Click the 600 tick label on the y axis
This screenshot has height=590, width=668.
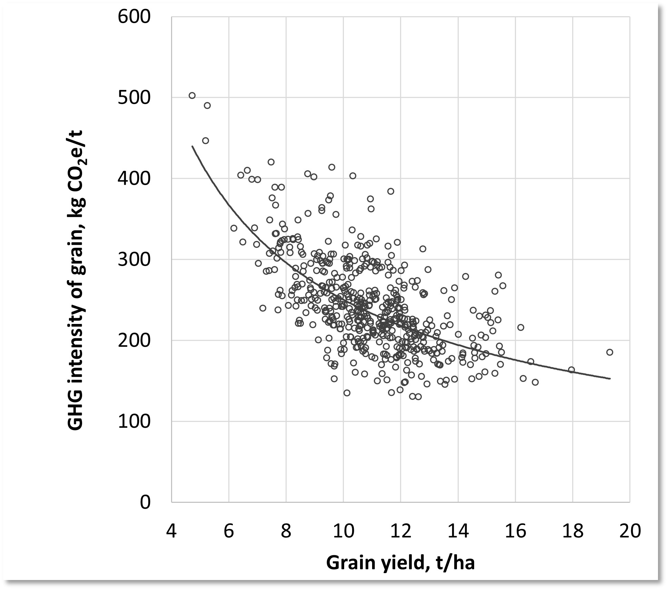pyautogui.click(x=134, y=17)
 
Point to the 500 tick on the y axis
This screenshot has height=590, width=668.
pyautogui.click(x=134, y=98)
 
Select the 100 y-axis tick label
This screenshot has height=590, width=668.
pyautogui.click(x=134, y=421)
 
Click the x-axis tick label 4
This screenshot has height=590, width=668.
pyautogui.click(x=171, y=531)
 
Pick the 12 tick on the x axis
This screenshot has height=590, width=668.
pyautogui.click(x=401, y=531)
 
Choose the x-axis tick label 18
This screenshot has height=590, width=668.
pyautogui.click(x=572, y=531)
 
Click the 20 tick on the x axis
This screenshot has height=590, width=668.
pyautogui.click(x=630, y=531)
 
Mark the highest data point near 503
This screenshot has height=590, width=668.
pyautogui.click(x=192, y=95)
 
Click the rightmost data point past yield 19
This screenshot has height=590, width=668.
pyautogui.click(x=610, y=352)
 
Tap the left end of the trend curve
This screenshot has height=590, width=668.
pyautogui.click(x=192, y=146)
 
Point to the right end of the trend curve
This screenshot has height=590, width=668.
pyautogui.click(x=610, y=379)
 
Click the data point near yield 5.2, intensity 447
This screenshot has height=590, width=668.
pyautogui.click(x=206, y=141)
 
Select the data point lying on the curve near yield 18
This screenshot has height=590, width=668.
pyautogui.click(x=571, y=370)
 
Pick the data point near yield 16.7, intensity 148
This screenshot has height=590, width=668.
pyautogui.click(x=535, y=382)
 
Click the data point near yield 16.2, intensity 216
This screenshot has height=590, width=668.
pyautogui.click(x=521, y=327)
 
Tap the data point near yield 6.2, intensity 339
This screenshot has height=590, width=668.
pyautogui.click(x=234, y=228)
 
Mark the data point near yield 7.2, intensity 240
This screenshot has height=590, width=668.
pyautogui.click(x=263, y=308)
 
